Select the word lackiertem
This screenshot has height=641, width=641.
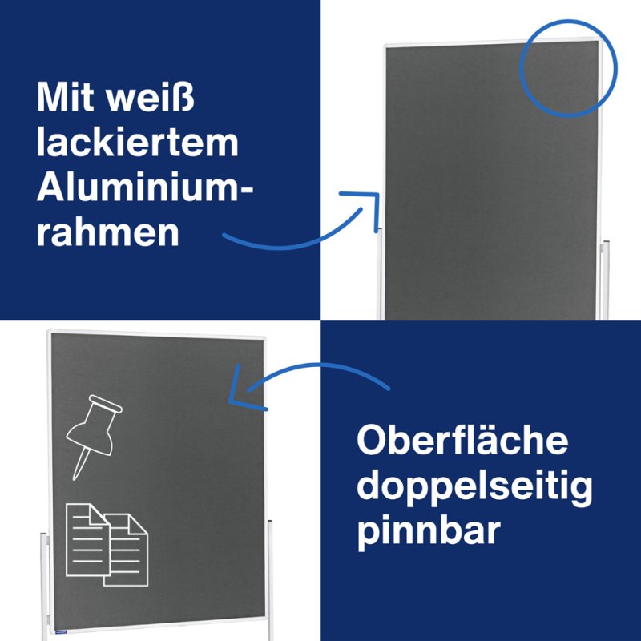click(137, 143)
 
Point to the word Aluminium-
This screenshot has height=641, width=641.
click(144, 187)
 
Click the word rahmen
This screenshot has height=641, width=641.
click(107, 232)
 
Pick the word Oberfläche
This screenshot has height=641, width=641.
click(462, 441)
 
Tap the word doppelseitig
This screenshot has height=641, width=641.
click(474, 486)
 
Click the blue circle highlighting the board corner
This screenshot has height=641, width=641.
click(569, 68)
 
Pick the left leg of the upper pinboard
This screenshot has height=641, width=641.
click(379, 272)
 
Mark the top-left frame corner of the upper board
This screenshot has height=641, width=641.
click(387, 46)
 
